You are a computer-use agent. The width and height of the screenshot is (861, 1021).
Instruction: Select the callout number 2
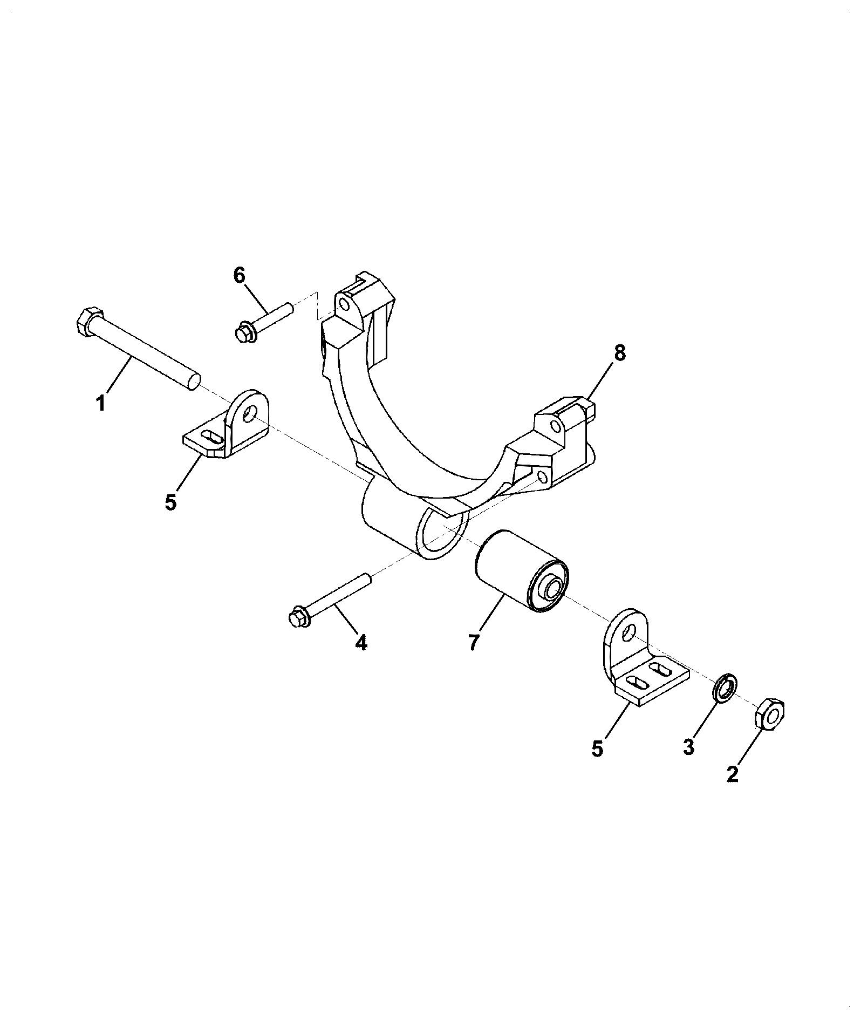click(732, 774)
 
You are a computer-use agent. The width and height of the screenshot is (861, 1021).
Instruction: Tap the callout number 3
click(688, 747)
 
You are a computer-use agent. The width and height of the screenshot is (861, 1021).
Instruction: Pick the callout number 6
click(240, 275)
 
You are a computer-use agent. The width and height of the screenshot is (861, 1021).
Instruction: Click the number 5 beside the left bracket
click(170, 502)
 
